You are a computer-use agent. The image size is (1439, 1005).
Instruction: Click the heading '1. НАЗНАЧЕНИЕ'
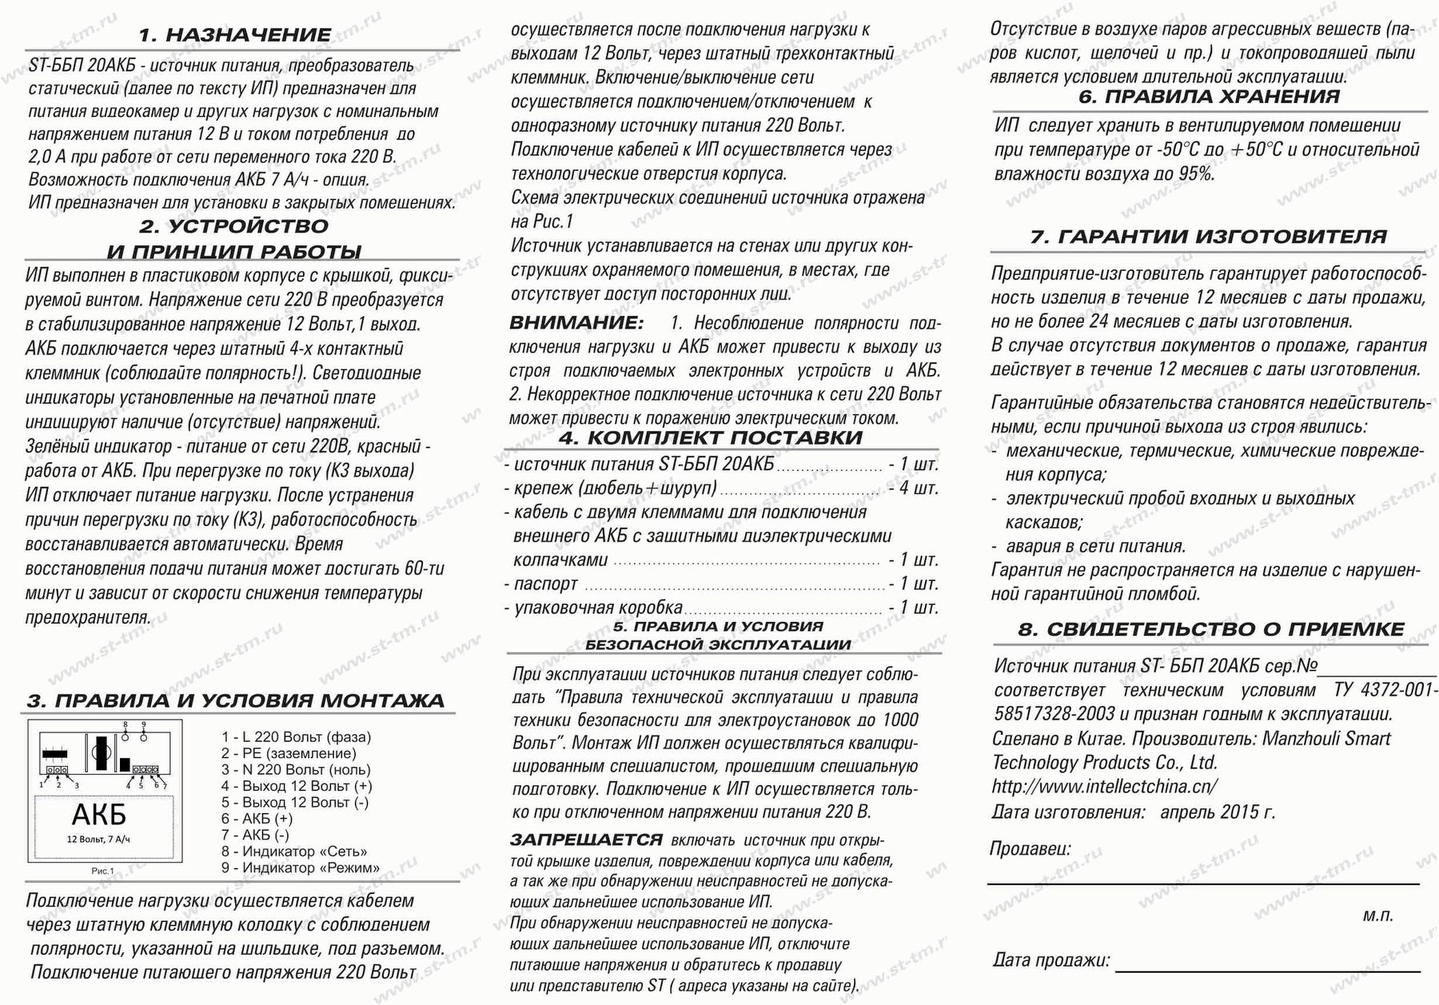pos(234,35)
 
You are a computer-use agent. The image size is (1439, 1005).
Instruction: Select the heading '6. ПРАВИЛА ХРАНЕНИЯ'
pos(1209,98)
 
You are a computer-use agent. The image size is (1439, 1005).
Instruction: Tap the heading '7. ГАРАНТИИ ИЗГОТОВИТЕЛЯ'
pos(1208,237)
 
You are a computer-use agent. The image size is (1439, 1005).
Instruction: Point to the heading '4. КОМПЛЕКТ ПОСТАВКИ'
pos(711,438)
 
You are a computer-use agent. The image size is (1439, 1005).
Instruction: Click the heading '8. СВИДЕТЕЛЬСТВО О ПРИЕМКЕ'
pos(1210,630)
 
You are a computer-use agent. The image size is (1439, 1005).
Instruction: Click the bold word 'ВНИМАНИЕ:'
pos(576,323)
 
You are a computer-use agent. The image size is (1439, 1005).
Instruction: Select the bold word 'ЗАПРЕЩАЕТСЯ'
pos(586,840)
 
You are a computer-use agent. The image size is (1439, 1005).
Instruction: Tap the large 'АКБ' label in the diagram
pos(99,816)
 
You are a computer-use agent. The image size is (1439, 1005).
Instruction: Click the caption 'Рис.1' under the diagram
pos(102,871)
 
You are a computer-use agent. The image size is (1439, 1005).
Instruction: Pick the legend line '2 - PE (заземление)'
pos(289,753)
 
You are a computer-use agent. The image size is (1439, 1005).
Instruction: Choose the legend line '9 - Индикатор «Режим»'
pos(301,867)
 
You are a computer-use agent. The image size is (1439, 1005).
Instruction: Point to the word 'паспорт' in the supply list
pos(546,584)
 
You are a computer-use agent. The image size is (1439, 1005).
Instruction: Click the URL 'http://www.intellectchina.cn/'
pos(1105,787)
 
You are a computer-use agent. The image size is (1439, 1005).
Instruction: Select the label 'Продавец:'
pos(1030,848)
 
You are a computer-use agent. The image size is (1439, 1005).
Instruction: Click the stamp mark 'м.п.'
pos(1378,916)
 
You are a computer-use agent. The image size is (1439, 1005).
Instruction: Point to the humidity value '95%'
pos(1196,173)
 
